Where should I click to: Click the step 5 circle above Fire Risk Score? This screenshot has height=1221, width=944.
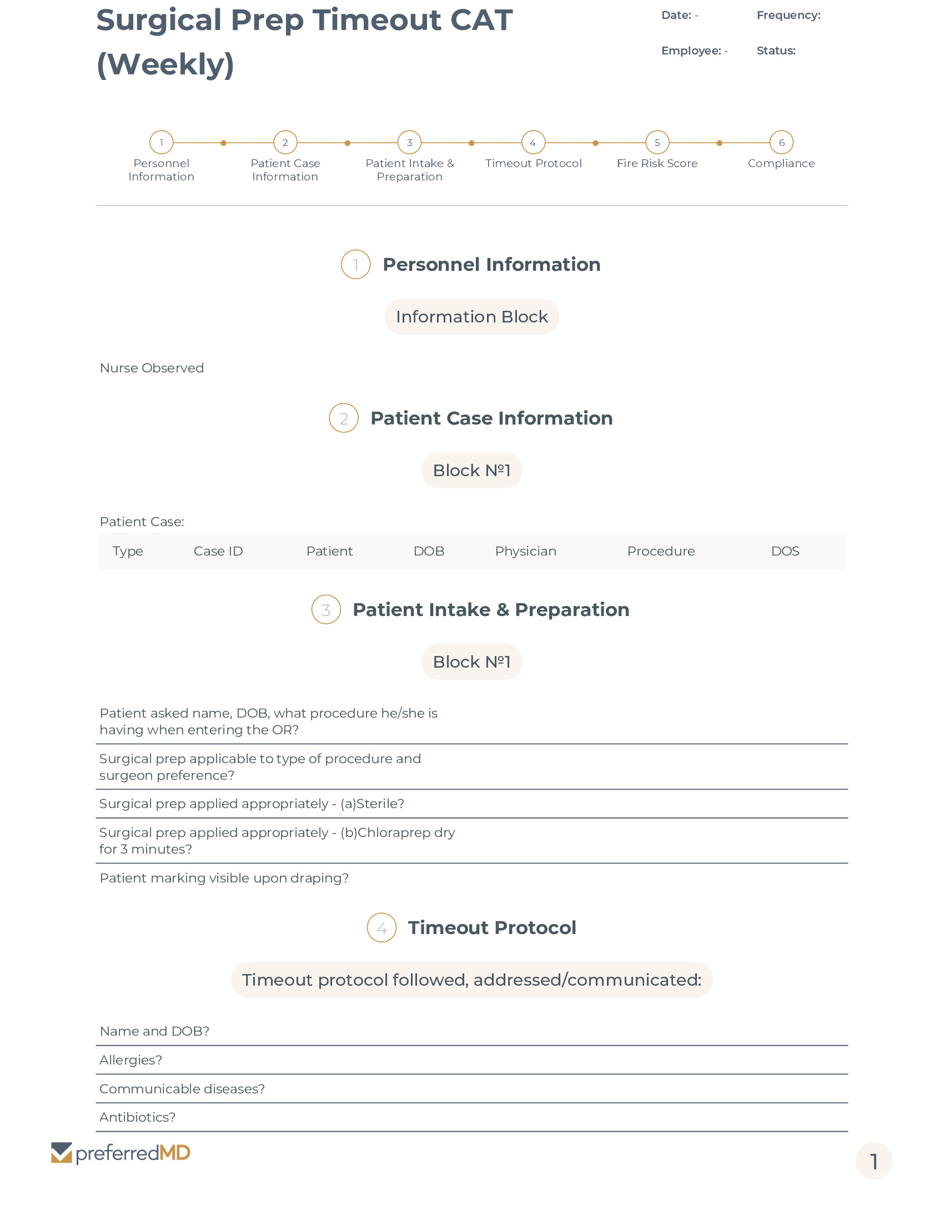[657, 143]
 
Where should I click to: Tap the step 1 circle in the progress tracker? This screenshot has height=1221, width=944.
[161, 143]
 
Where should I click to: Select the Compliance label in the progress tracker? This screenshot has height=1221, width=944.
[781, 163]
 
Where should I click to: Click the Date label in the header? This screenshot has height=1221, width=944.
[676, 15]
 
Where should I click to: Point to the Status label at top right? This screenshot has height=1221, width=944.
[776, 51]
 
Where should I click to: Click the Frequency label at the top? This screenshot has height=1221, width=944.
[788, 15]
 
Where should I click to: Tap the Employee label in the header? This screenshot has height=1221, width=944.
[691, 51]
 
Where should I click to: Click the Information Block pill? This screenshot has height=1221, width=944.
[471, 316]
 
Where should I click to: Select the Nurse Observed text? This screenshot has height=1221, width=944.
[152, 368]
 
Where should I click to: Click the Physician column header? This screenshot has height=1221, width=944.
[525, 551]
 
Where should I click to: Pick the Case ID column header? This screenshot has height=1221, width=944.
[218, 551]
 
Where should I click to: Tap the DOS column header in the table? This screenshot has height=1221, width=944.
[785, 551]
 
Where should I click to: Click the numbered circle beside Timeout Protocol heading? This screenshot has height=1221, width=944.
[381, 927]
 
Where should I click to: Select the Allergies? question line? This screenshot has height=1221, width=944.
[131, 1060]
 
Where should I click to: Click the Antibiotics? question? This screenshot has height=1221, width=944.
[137, 1117]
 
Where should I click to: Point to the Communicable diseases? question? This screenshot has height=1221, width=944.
[182, 1088]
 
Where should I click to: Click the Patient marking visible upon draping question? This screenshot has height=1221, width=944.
[224, 878]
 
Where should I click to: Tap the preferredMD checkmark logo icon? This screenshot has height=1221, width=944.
[62, 1153]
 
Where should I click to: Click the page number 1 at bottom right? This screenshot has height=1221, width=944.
[873, 1161]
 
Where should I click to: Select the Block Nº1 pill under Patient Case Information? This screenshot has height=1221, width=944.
[471, 470]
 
